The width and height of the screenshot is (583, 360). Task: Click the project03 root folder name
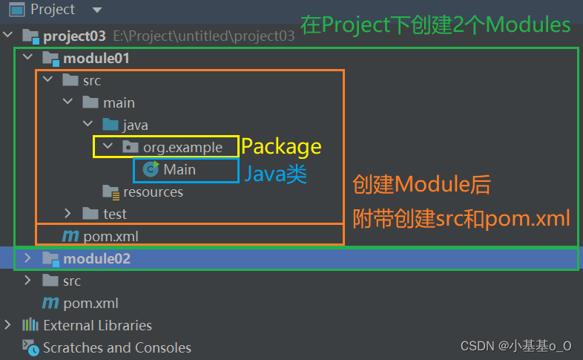click(75, 36)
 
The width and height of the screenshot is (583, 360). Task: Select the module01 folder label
click(96, 58)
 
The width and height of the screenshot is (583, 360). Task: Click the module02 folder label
click(96, 258)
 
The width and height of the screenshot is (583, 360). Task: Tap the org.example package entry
click(182, 147)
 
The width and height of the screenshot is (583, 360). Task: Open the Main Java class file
click(179, 169)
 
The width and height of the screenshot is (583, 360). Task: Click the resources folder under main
click(153, 192)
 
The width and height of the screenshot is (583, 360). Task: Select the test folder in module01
click(115, 214)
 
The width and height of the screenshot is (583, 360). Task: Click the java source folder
click(135, 125)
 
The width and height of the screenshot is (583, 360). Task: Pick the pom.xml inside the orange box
click(111, 236)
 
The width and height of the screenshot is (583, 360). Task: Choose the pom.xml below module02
click(90, 303)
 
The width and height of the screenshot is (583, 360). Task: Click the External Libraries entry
click(97, 325)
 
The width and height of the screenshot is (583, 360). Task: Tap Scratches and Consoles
click(116, 347)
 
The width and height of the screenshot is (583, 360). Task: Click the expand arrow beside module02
click(27, 258)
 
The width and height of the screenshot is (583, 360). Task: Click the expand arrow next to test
click(67, 214)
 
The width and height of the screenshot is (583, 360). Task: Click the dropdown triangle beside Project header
click(97, 10)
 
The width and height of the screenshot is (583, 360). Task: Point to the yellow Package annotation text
click(282, 146)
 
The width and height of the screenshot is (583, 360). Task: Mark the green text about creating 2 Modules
click(435, 25)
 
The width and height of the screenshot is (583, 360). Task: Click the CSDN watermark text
click(516, 346)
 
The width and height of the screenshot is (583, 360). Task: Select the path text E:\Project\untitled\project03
click(204, 36)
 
